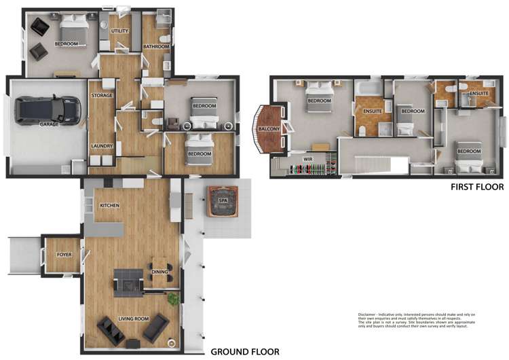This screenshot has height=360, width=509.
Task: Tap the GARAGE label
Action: point(48,125)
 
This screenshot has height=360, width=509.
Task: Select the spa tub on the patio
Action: point(223,202)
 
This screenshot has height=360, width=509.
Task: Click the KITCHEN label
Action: point(110,205)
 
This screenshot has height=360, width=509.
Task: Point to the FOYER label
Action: point(64,255)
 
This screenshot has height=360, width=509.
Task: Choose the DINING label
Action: point(160,272)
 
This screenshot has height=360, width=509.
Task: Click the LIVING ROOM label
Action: point(134,318)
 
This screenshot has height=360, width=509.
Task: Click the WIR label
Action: point(307,158)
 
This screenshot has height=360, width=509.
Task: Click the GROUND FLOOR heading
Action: point(244,352)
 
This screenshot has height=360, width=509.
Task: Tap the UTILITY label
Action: point(120,31)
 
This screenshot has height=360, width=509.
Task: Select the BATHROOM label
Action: point(156,47)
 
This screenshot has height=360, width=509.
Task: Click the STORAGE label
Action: point(102,96)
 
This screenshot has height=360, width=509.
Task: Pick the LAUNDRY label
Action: point(101,145)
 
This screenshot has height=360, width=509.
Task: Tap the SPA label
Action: point(223,201)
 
